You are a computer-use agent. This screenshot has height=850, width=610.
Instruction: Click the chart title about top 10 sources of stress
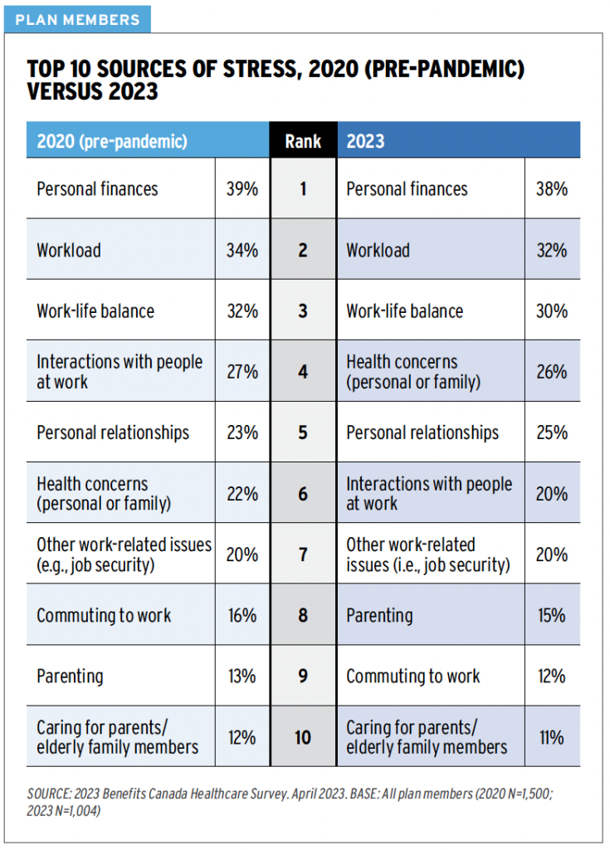coord(276,80)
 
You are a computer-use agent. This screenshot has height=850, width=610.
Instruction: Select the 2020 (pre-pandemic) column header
coord(112,140)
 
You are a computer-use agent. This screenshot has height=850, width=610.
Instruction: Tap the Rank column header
coord(303,140)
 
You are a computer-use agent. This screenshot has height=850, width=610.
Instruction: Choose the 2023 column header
coord(366,140)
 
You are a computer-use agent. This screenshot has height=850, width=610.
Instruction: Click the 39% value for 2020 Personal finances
coord(242,188)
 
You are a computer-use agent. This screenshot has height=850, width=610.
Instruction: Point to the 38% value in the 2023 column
coord(552,188)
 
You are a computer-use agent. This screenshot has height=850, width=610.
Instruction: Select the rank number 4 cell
coord(303,372)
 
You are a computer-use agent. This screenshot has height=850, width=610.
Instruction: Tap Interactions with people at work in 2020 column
coord(119,372)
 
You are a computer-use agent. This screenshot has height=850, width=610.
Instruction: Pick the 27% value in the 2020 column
coord(242,372)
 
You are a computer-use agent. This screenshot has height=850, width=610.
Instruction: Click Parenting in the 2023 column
coord(379,615)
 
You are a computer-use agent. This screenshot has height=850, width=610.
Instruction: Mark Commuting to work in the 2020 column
coord(104,615)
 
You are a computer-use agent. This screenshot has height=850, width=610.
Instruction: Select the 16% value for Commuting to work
coord(242,615)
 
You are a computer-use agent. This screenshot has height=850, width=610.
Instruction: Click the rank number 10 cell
coord(303,737)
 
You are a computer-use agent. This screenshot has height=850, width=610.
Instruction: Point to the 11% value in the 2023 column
coord(552,737)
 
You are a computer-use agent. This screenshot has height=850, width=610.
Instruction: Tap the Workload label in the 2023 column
coord(378,250)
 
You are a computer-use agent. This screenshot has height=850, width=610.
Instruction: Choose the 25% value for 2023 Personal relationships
coord(552,432)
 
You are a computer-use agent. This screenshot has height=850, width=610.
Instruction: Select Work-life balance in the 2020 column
coord(95,311)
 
